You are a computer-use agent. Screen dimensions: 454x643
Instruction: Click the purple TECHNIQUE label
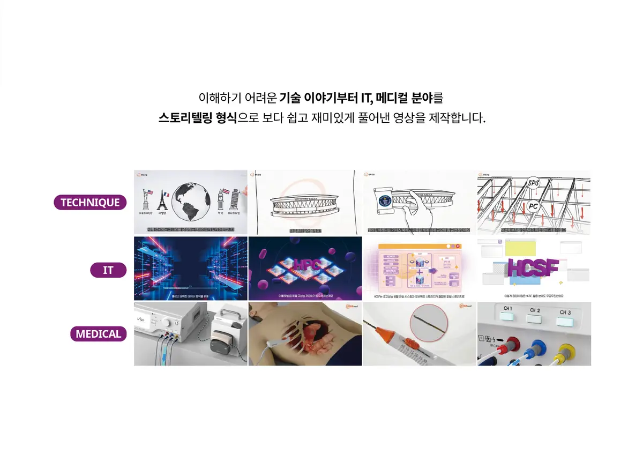coord(90,203)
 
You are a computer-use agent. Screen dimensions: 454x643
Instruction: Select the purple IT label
coord(108,270)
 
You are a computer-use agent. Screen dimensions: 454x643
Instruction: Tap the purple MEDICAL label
coord(98,334)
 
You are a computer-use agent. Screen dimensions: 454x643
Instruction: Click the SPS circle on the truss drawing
coord(533,183)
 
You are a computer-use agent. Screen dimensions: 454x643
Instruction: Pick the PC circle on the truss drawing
coord(533,206)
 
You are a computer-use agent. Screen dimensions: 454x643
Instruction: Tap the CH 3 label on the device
coord(565,312)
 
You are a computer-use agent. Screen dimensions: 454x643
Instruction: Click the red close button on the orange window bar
coord(457,246)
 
